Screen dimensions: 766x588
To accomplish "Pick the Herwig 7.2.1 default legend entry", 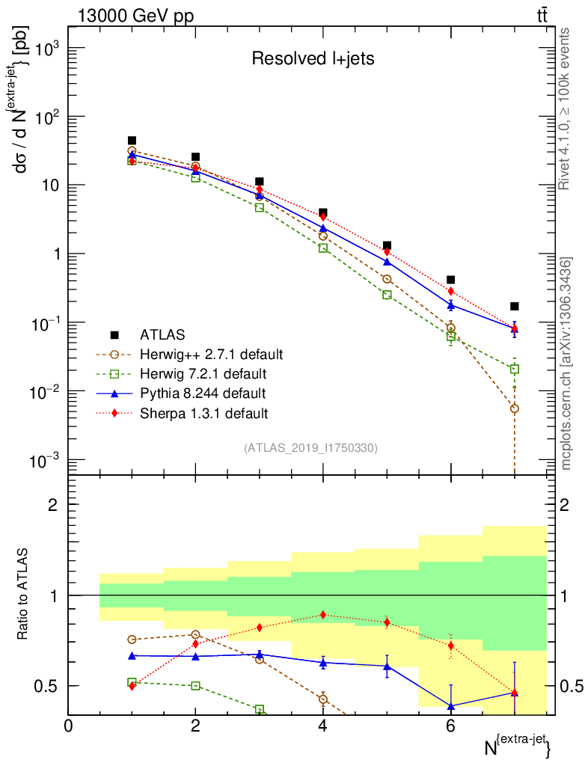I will pyautogui.click(x=203, y=373).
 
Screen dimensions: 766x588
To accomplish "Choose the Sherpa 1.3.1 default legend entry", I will pyautogui.click(x=199, y=412).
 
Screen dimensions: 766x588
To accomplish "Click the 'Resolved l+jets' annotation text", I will pyautogui.click(x=312, y=58).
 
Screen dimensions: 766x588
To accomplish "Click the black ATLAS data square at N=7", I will pyautogui.click(x=515, y=306).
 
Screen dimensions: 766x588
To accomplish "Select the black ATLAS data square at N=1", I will pyautogui.click(x=132, y=141).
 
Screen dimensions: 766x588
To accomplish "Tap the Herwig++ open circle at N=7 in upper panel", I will pyautogui.click(x=515, y=408).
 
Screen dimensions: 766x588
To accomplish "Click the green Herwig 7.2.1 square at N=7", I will pyautogui.click(x=515, y=369).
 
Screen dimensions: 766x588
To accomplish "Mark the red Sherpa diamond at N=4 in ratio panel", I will pyautogui.click(x=323, y=615).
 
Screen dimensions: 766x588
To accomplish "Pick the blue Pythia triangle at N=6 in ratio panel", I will pyautogui.click(x=451, y=705).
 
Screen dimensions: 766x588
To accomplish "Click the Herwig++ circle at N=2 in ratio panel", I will pyautogui.click(x=195, y=634).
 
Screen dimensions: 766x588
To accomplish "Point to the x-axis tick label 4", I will pyautogui.click(x=323, y=726).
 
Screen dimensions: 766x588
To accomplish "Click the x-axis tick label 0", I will pyautogui.click(x=68, y=726).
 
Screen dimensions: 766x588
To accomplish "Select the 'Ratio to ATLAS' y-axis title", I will pyautogui.click(x=24, y=595).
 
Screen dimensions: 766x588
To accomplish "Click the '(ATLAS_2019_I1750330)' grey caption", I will pyautogui.click(x=310, y=448).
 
